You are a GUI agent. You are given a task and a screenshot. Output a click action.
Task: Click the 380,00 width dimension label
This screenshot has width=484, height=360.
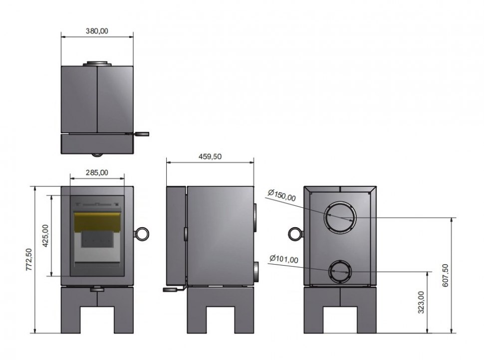pos(97,31)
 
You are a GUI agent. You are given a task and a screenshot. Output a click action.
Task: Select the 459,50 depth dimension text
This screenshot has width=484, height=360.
pos(210,156)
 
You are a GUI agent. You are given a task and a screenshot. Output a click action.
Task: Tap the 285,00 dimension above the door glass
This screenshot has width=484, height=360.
pos(97,172)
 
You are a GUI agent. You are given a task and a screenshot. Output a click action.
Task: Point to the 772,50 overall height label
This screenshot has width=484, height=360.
pos(29,260)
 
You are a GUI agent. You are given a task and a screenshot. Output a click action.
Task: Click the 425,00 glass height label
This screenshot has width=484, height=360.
pos(45,236)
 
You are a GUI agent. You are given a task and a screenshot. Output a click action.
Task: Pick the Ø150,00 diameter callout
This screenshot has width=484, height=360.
pos(281,196)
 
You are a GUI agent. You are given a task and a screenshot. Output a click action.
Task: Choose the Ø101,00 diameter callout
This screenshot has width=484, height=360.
pos(284,259)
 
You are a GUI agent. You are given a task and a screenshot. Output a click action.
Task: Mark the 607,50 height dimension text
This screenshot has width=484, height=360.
pos(445,275)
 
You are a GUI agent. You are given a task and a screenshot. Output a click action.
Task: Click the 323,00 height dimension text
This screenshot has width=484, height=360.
pos(421,302)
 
